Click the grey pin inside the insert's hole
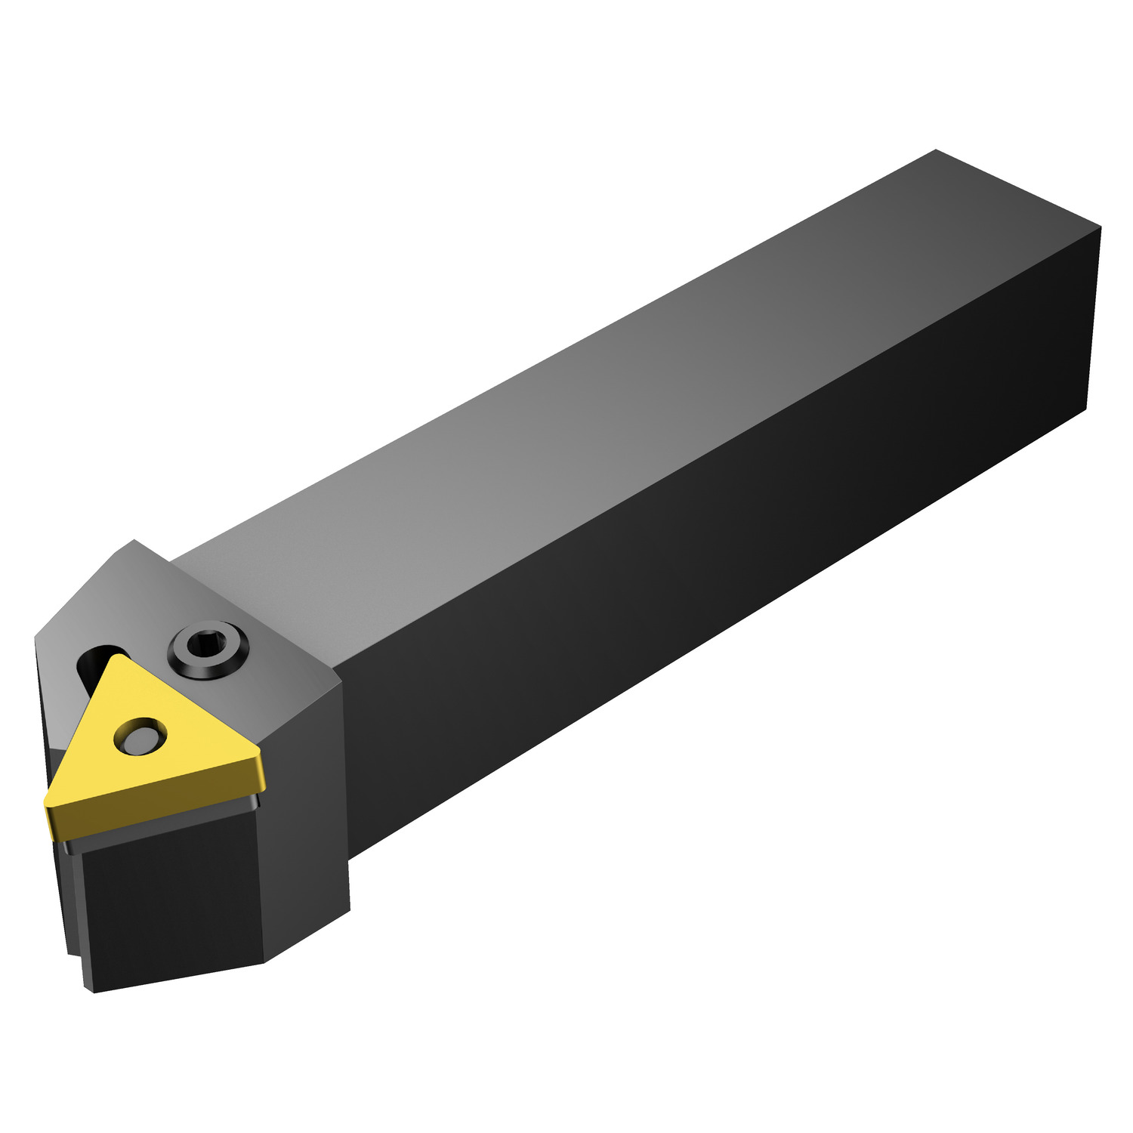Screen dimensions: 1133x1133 click(139, 735)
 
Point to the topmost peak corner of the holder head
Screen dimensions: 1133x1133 click(134, 541)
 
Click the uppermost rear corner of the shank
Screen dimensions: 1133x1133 click(935, 151)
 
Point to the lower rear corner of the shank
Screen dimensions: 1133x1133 click(1086, 410)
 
